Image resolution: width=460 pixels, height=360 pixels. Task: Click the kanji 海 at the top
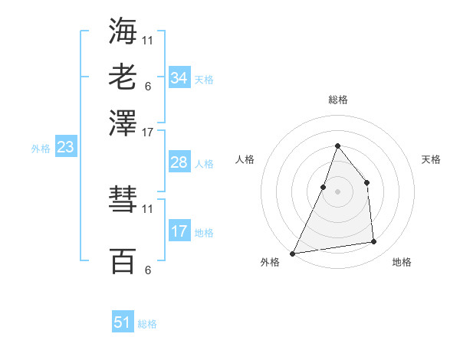pyautogui.click(x=123, y=31)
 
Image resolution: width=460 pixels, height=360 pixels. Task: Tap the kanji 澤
pyautogui.click(x=123, y=122)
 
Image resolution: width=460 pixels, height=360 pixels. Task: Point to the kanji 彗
pyautogui.click(x=123, y=201)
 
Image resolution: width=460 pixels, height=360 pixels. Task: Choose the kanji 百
pyautogui.click(x=123, y=261)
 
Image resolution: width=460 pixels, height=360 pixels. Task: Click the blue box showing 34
pyautogui.click(x=179, y=77)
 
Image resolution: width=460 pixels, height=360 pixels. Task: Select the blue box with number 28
pyautogui.click(x=179, y=162)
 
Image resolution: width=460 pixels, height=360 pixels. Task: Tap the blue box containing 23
pyautogui.click(x=65, y=147)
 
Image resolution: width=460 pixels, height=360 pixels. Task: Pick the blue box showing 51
pyautogui.click(x=123, y=322)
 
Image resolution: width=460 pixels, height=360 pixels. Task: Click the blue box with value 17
pyautogui.click(x=179, y=231)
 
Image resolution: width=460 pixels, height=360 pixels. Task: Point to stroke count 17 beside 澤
pyautogui.click(x=148, y=132)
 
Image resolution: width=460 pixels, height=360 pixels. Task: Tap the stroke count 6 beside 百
pyautogui.click(x=148, y=270)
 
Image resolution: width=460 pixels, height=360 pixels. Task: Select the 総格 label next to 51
pyautogui.click(x=147, y=324)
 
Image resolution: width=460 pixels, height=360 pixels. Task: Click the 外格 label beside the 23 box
pyautogui.click(x=41, y=149)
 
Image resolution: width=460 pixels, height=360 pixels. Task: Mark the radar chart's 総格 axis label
pyautogui.click(x=337, y=100)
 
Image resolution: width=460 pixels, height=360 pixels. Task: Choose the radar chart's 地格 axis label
pyautogui.click(x=402, y=262)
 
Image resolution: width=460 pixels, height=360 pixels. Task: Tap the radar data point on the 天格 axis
pyautogui.click(x=367, y=182)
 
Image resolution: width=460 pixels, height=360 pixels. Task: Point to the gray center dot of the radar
pyautogui.click(x=337, y=191)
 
